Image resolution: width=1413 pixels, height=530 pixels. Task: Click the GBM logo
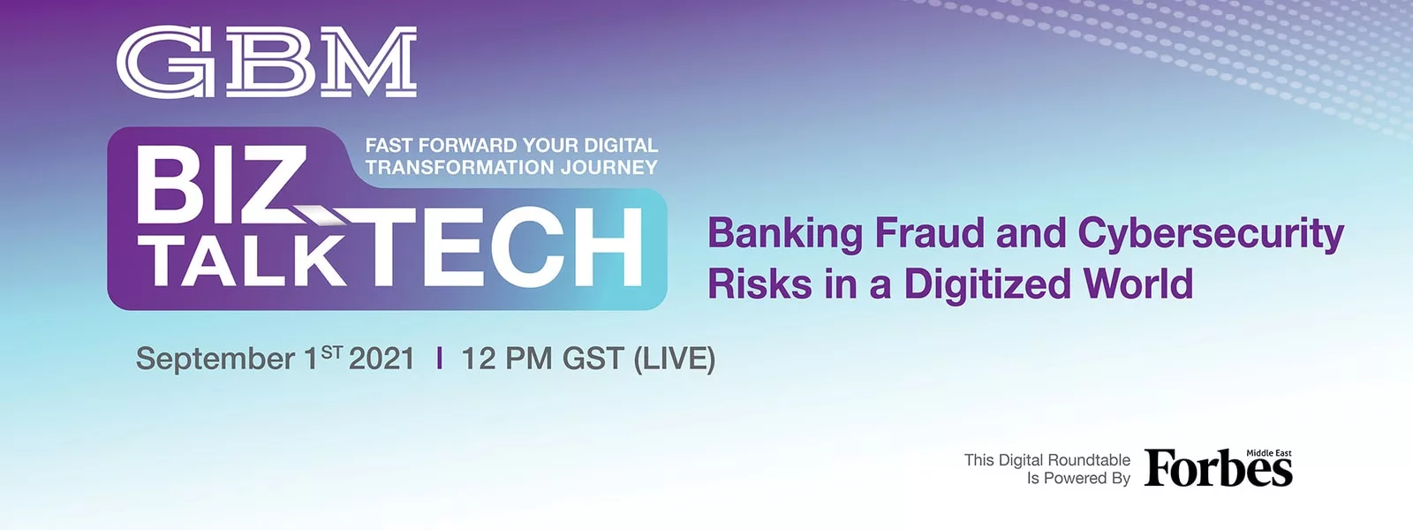[267, 62]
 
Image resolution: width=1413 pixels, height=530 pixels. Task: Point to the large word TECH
[503, 247]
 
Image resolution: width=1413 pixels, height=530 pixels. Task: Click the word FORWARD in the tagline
[467, 145]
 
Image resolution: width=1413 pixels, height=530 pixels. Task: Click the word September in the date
[215, 360]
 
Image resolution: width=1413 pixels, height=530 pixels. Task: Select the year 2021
[382, 359]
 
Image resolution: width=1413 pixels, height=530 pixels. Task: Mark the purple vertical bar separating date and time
[439, 359]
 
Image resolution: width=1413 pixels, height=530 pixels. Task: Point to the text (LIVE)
[675, 359]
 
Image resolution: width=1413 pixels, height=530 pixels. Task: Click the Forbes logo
[1219, 467]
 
